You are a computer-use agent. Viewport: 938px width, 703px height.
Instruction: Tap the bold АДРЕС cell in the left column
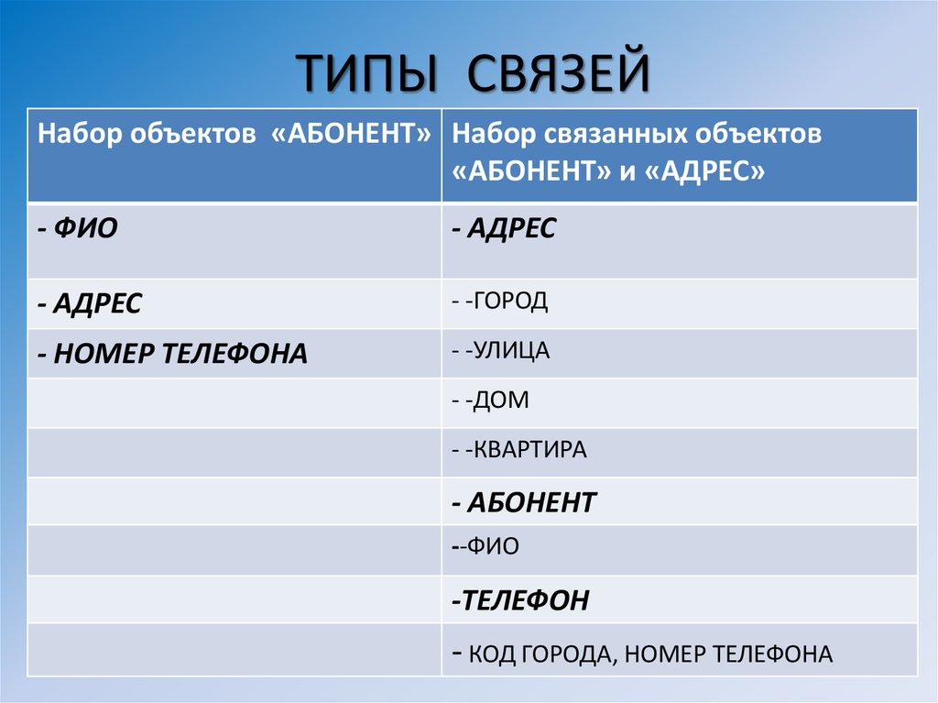[92, 303]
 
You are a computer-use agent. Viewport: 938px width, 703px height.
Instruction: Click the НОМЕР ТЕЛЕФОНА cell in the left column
[174, 354]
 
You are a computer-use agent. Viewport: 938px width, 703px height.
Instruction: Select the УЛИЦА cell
[507, 350]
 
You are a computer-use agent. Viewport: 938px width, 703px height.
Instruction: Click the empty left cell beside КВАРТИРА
[234, 451]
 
